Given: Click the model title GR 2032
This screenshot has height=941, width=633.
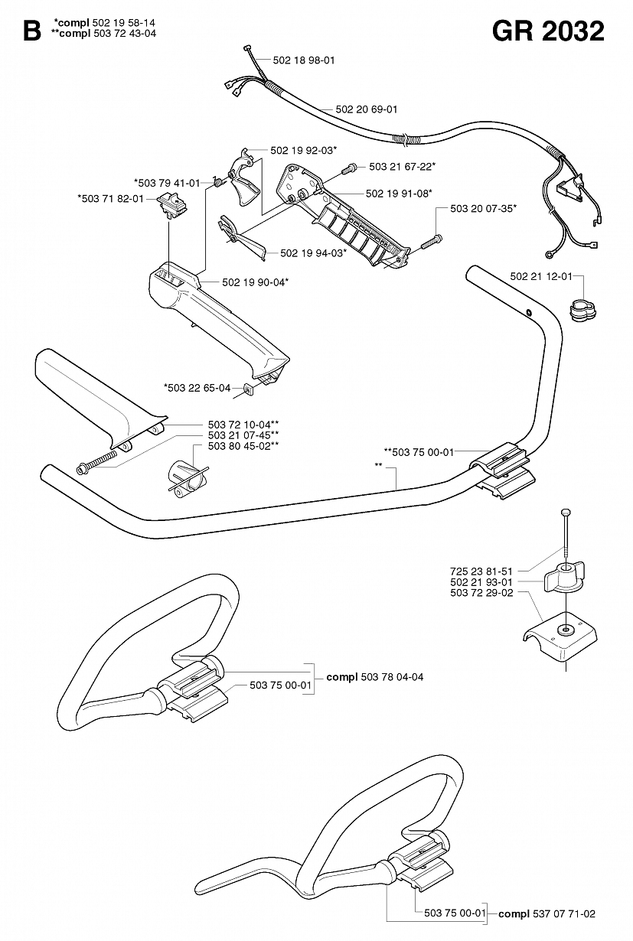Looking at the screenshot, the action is coord(548,31).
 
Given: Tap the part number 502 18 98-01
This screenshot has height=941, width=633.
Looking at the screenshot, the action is coord(304,60).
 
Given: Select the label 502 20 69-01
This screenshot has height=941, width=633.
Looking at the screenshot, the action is coord(367,109).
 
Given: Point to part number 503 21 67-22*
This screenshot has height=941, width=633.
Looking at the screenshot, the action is coord(403,167).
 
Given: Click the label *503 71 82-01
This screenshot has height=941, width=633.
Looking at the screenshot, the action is coord(110,198).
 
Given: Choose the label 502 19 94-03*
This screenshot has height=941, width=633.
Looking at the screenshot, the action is coord(314,253).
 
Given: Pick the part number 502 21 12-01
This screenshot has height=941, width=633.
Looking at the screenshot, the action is coord(541,276).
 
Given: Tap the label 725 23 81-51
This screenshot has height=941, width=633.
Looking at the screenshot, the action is coord(481,571).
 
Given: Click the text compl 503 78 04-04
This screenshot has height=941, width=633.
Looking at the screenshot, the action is coord(375,677).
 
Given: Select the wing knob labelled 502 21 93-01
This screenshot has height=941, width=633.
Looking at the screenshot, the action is coord(564,578).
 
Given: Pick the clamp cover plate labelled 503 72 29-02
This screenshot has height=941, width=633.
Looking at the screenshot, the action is coord(560,640).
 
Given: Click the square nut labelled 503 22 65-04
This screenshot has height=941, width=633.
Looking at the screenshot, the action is coord(248,389).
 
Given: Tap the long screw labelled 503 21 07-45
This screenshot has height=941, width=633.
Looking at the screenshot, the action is coord(96,461).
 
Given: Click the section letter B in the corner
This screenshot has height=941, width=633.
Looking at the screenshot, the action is coord(32,31).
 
